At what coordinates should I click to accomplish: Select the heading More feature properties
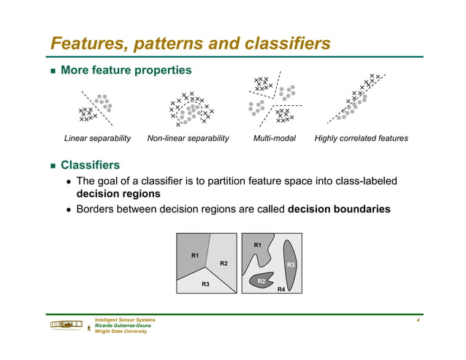(x=126, y=71)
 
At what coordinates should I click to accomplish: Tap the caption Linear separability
(x=97, y=138)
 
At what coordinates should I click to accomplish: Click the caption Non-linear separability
(x=188, y=138)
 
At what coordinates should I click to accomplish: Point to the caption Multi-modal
(x=274, y=138)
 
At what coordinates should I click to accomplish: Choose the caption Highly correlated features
(x=361, y=138)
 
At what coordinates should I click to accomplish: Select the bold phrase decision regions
(x=118, y=194)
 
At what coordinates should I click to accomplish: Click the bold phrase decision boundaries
(x=339, y=209)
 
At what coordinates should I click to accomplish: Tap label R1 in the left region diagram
(x=195, y=256)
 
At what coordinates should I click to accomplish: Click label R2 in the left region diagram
(x=224, y=263)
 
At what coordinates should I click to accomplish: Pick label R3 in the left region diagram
(x=206, y=283)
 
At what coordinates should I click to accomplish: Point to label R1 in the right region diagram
(x=257, y=245)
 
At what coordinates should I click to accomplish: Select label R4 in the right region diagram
(x=281, y=289)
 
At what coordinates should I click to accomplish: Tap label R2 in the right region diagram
(x=261, y=280)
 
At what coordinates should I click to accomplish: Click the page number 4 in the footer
(x=416, y=321)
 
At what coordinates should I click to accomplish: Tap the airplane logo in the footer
(x=66, y=325)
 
